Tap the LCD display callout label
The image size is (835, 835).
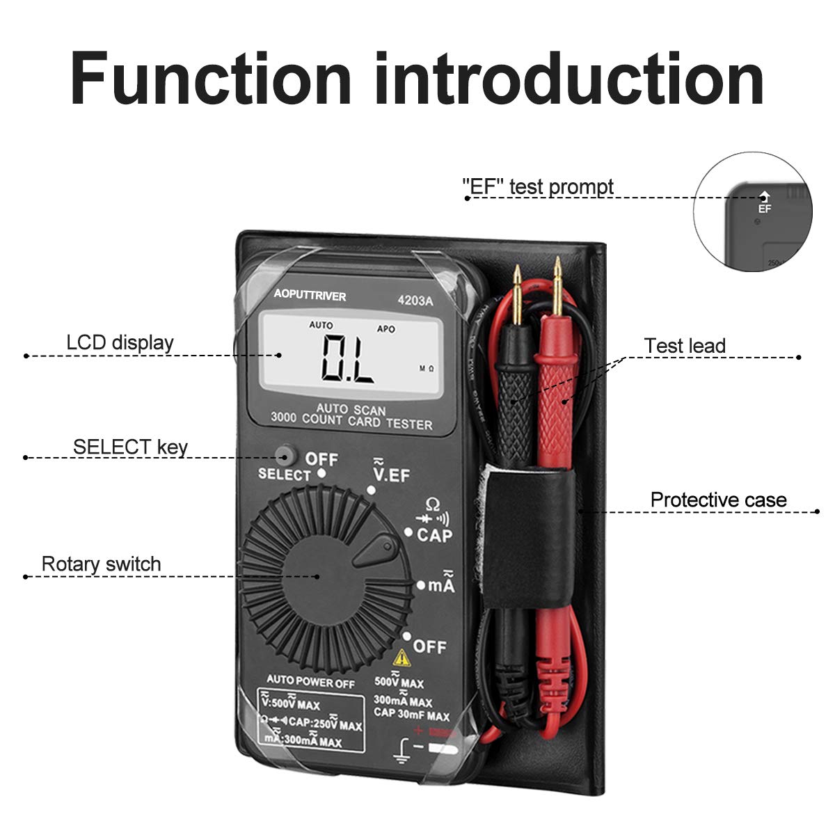point(120,342)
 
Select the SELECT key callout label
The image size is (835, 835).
point(130,447)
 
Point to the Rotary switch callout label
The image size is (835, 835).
point(101,564)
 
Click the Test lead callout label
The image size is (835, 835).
point(684,346)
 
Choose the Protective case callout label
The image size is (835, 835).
point(718,500)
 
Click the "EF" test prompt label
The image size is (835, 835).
point(538,186)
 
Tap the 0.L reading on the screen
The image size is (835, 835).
point(348,360)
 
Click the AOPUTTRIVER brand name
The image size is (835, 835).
point(310,296)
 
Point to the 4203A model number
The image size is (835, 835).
point(415,301)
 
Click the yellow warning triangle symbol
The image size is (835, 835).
point(401,657)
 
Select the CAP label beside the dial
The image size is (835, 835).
point(434,535)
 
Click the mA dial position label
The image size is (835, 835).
point(441,585)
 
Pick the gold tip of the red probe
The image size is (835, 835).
point(557,275)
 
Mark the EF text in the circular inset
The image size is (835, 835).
point(765,208)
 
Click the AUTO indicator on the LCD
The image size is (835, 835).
point(321,325)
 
